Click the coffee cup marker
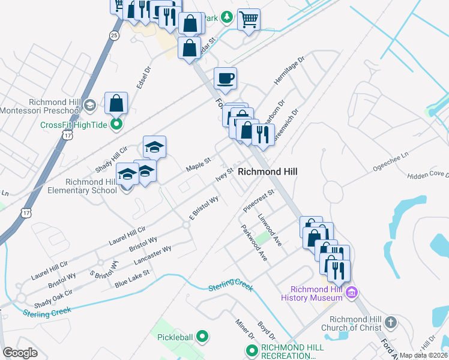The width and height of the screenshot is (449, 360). (225, 78)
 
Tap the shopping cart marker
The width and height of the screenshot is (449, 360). (249, 19)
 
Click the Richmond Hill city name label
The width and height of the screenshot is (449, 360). (268, 172)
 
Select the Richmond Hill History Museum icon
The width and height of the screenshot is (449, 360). (352, 293)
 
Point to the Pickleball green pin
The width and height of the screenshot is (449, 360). (202, 337)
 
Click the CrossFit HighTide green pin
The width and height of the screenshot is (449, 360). (117, 125)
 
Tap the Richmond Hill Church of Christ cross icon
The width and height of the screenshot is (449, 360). (391, 323)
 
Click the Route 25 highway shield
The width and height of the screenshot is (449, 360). (114, 35)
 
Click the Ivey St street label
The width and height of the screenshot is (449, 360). (224, 174)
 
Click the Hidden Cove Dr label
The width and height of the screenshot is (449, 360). (427, 174)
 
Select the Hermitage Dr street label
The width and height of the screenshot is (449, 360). (290, 71)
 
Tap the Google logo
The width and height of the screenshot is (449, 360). (20, 353)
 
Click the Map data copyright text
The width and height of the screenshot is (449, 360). (424, 355)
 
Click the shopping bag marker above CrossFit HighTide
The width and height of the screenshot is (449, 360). (116, 103)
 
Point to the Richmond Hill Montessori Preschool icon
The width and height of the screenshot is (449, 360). (89, 106)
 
